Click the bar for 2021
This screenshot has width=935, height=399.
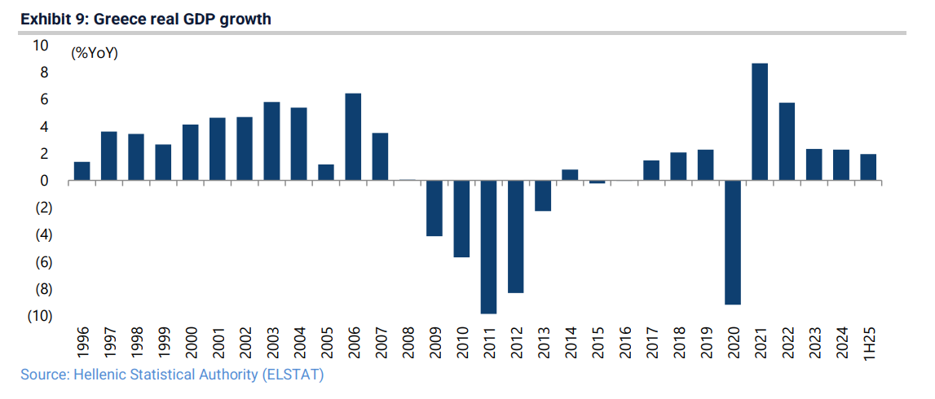pyautogui.click(x=760, y=122)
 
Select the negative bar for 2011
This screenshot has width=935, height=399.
pyautogui.click(x=488, y=247)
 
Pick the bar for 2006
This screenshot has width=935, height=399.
pyautogui.click(x=353, y=137)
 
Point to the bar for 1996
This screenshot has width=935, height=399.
pyautogui.click(x=82, y=171)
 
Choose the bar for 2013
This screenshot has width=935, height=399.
pyautogui.click(x=543, y=195)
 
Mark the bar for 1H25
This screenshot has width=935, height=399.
pyautogui.click(x=868, y=167)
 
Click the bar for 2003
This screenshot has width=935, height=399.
pyautogui.click(x=271, y=141)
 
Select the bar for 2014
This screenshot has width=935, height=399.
pyautogui.click(x=570, y=175)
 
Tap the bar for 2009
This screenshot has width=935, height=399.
pyautogui.click(x=434, y=208)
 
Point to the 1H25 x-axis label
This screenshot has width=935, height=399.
pyautogui.click(x=868, y=342)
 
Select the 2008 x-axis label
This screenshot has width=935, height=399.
pyautogui.click(x=408, y=342)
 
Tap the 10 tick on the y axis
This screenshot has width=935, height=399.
pyautogui.click(x=41, y=46)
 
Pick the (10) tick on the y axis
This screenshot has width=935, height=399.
pyautogui.click(x=40, y=316)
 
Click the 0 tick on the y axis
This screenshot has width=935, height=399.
pyautogui.click(x=45, y=181)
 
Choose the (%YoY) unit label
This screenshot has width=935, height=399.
pyautogui.click(x=95, y=54)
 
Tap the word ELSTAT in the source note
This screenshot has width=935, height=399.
pyautogui.click(x=297, y=375)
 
